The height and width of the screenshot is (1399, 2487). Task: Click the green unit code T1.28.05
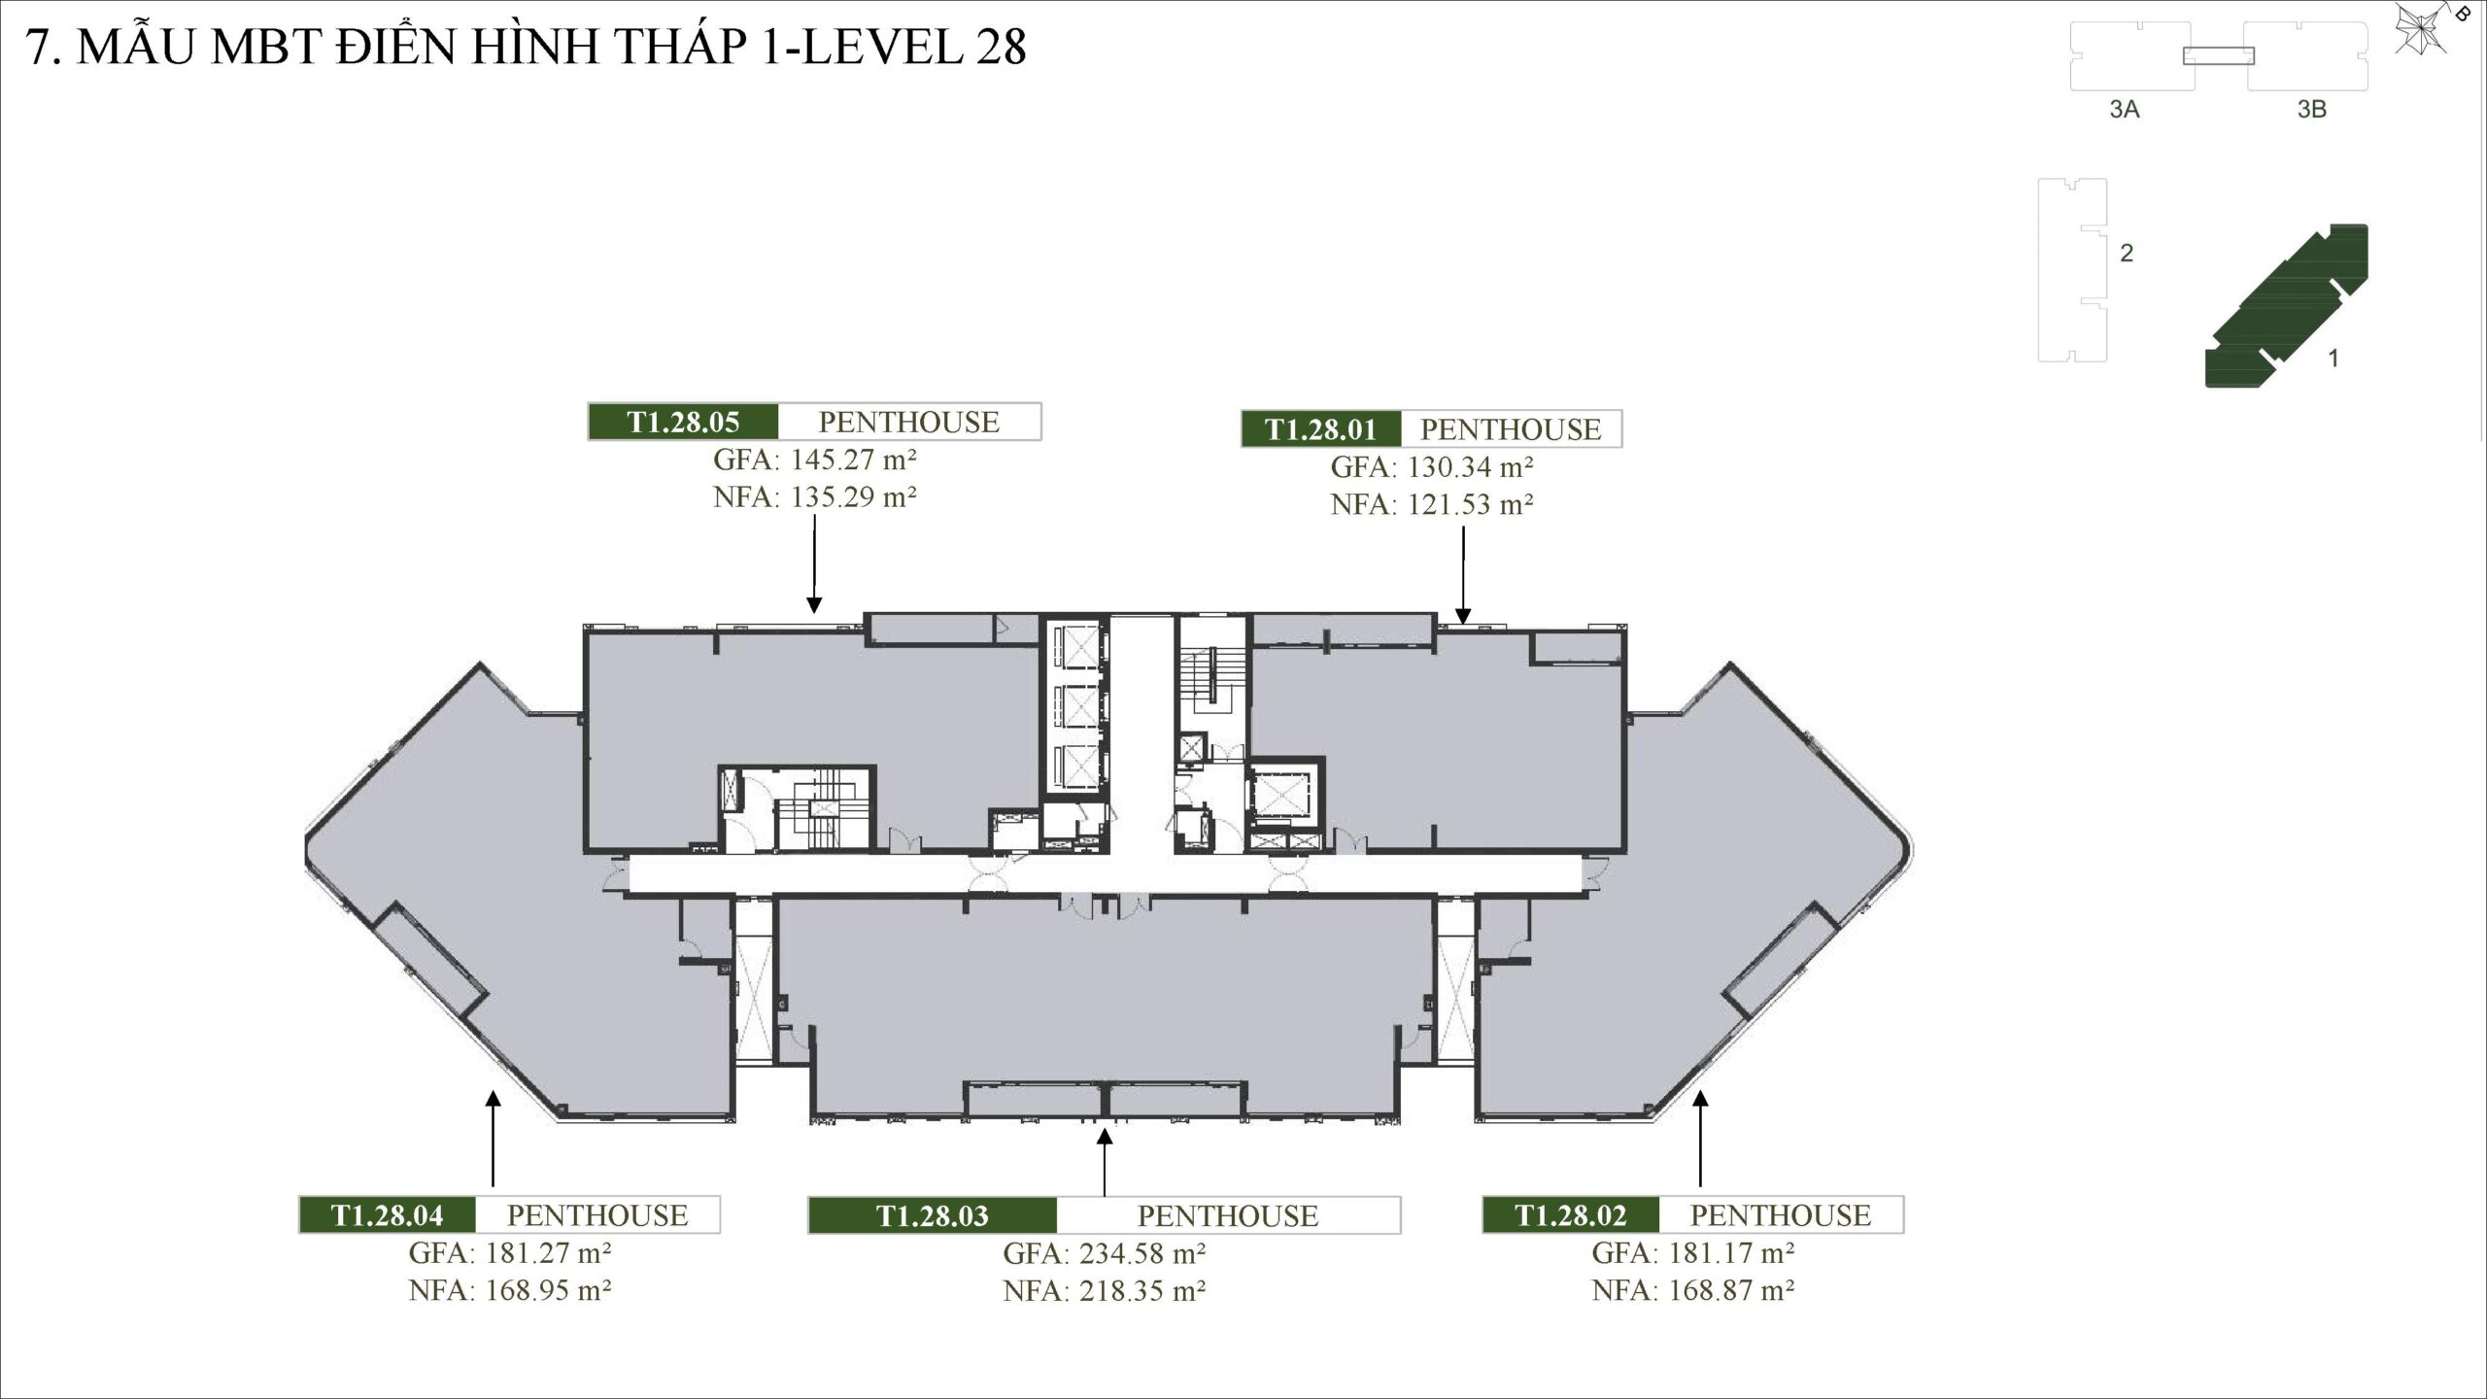[683, 422]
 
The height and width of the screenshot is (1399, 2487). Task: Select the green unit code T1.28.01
[1321, 429]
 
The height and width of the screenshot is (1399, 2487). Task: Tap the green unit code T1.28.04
[387, 1215]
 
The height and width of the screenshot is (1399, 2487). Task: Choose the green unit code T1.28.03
[932, 1216]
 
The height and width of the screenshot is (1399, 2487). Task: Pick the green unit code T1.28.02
[1570, 1215]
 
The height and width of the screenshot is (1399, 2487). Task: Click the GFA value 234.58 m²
[1141, 1253]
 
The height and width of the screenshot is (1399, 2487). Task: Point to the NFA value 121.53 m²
[1470, 504]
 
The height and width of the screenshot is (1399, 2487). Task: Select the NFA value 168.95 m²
[548, 1290]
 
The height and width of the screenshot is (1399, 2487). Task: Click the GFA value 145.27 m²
[853, 459]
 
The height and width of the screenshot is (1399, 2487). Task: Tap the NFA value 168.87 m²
[1730, 1290]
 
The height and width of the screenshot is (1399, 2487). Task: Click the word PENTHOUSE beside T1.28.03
[1228, 1216]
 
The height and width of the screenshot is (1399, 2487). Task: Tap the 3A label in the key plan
[2125, 110]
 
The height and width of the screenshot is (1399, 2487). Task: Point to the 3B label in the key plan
[2311, 110]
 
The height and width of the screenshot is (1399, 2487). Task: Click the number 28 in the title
[1001, 47]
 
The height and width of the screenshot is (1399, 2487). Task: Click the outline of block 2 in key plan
[2072, 270]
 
